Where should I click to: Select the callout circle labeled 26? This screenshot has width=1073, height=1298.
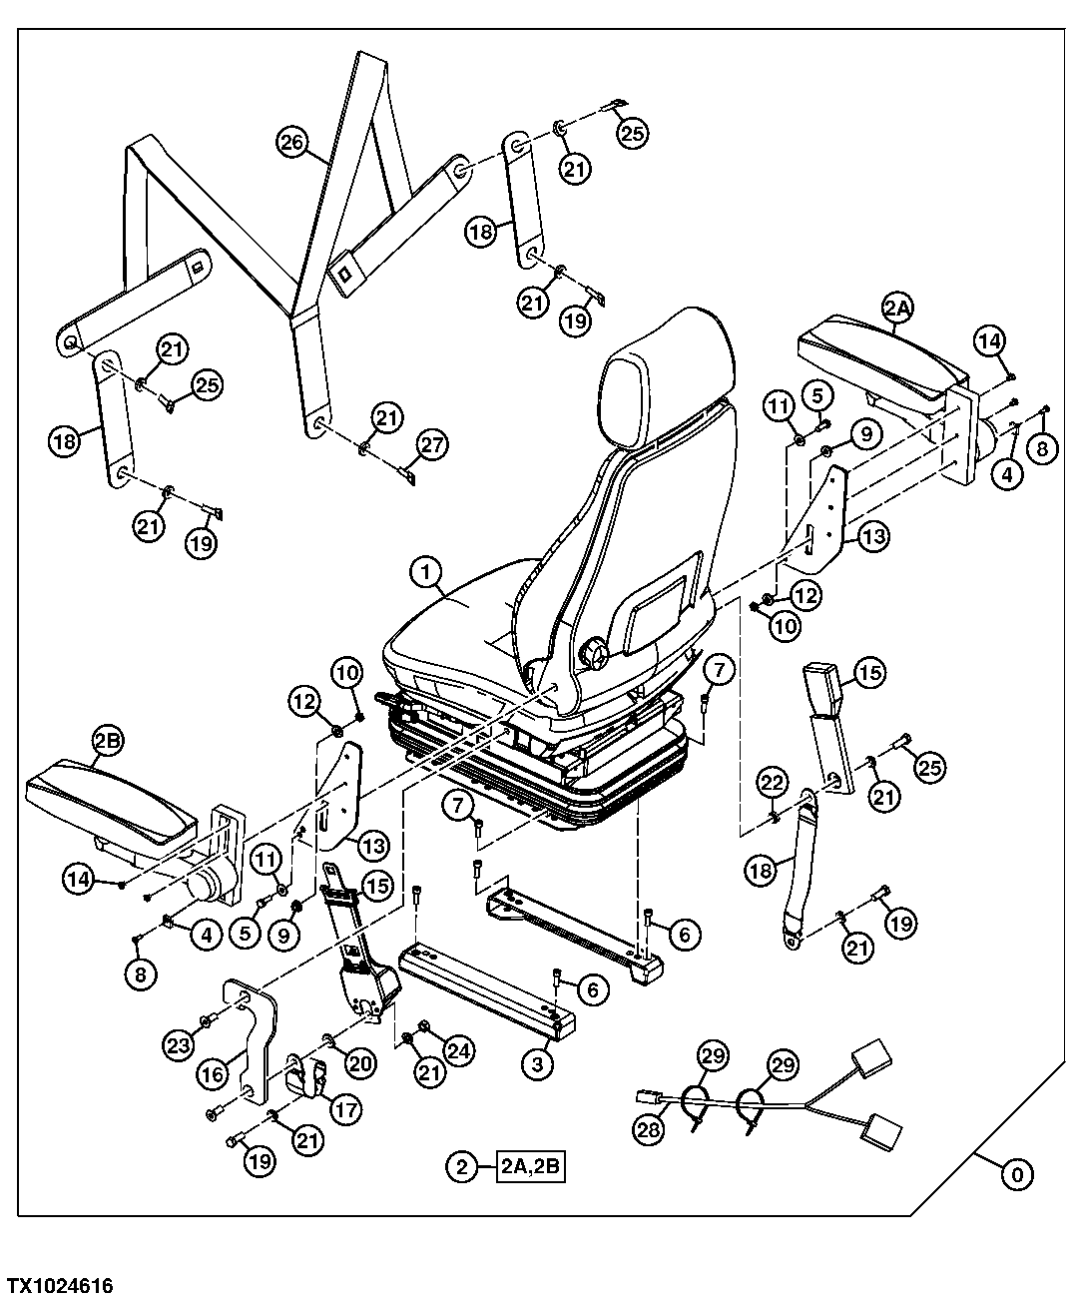[x=290, y=144]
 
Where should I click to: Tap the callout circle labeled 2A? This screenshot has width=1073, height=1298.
[x=895, y=310]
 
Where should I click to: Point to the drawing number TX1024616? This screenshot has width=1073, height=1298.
[x=61, y=1284]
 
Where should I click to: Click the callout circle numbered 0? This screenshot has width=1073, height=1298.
[x=1016, y=1175]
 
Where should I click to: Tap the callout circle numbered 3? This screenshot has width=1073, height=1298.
[x=537, y=1064]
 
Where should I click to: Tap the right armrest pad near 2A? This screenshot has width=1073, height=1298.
[x=878, y=351]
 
